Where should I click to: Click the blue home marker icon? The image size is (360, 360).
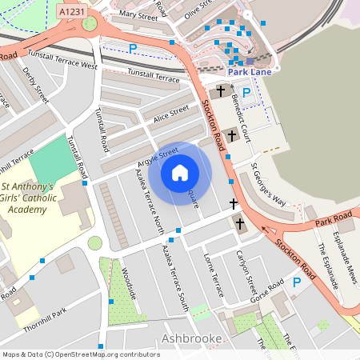coord(180,172)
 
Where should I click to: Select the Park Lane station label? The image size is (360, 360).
coord(249,72)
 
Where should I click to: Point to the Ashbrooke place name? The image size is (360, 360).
coord(191,339)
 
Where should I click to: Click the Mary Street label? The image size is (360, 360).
coord(138,14)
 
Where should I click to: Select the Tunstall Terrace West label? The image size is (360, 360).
coord(62,60)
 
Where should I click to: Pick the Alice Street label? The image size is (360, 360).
coord(171,114)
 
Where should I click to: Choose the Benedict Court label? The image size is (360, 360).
coord(241,116)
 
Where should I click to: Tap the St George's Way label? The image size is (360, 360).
coord(268,186)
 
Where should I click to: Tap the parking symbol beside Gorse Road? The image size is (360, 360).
coord(297,282)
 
